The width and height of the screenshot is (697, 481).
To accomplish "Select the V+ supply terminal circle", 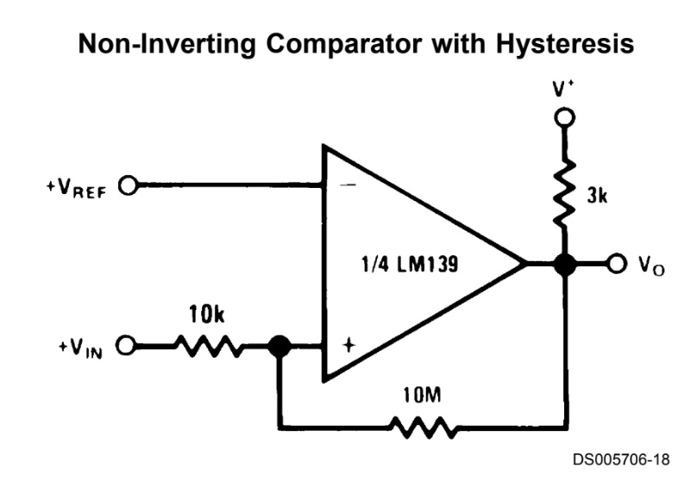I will point(564,117).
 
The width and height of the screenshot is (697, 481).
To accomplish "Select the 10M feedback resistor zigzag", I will point(422,425).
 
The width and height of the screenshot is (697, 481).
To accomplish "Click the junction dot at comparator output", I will point(564,265).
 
